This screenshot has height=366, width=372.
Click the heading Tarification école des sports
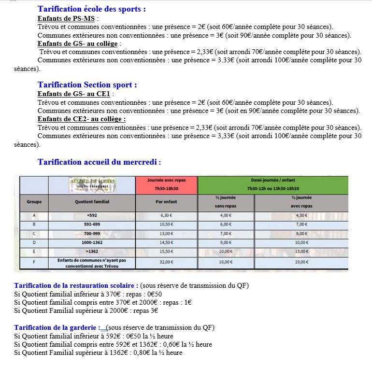pyautogui.click(x=92, y=9)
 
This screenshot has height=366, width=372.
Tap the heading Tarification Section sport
pyautogui.click(x=87, y=84)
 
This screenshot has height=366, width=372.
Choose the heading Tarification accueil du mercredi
pyautogui.click(x=99, y=162)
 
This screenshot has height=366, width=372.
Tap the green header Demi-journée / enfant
pyautogui.click(x=273, y=184)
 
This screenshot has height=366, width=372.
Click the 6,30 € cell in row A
pyautogui.click(x=166, y=215)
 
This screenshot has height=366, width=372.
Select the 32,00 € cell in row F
pyautogui.click(x=166, y=262)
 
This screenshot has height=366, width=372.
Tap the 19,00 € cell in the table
pyautogui.click(x=301, y=262)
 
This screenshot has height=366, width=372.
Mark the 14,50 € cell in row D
pyautogui.click(x=166, y=242)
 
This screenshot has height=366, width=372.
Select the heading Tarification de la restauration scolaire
pyautogui.click(x=76, y=285)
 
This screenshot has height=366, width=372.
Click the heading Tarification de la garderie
pyautogui.click(x=57, y=328)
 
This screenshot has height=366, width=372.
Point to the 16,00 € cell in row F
pyautogui.click(x=226, y=262)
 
